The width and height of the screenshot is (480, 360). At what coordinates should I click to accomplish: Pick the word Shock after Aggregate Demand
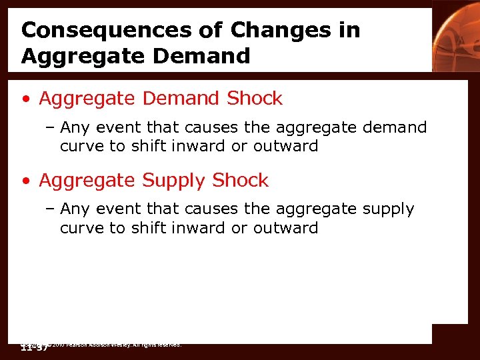click(255, 99)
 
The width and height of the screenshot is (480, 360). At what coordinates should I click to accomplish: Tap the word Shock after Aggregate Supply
click(241, 181)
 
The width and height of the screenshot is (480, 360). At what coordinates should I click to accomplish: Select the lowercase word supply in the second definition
click(388, 209)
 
